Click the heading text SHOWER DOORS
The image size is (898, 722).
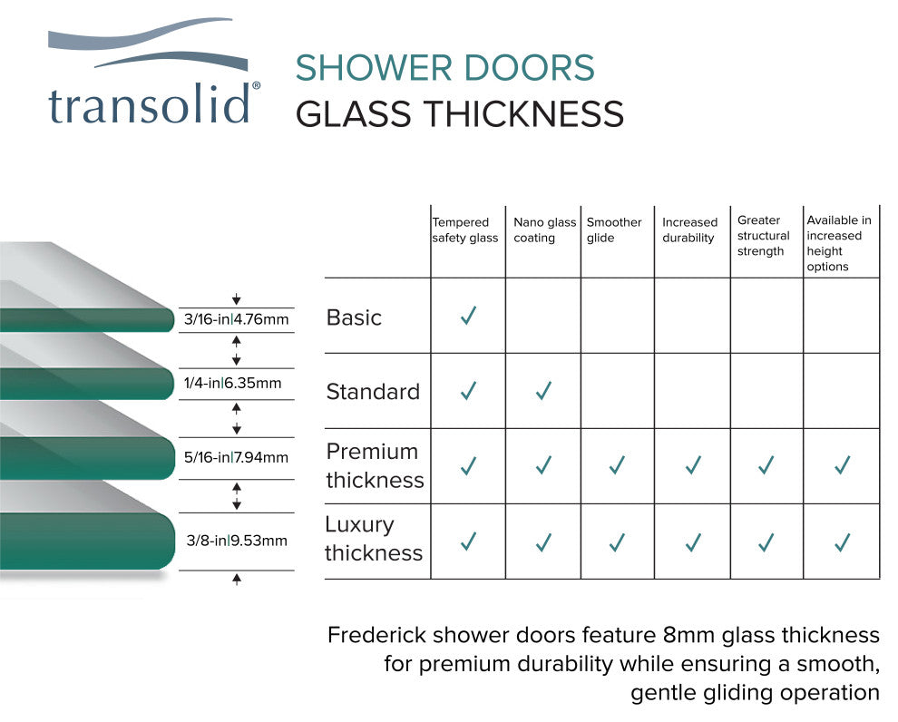coord(444,69)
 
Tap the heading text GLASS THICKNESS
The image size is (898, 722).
coord(460,115)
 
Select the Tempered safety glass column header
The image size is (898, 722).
coord(464,230)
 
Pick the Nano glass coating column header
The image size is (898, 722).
coord(544,230)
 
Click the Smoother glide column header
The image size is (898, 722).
coord(614,230)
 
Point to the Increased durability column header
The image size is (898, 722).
coord(689,230)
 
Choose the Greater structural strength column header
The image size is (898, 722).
coord(763,236)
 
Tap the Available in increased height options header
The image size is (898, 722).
coord(838,243)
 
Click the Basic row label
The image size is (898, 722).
coord(354,317)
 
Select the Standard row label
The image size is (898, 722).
coord(373,392)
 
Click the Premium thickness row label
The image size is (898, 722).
coord(375,465)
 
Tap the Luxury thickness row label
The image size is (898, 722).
coord(374,539)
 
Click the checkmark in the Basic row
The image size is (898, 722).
coord(468,317)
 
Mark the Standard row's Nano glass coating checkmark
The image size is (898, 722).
coord(543,391)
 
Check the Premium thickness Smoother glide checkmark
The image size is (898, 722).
coord(617,465)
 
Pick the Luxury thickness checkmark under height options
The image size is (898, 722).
coord(842,542)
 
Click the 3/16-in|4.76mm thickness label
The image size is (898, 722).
coord(236,319)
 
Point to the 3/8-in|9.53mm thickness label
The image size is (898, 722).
coord(237,541)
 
